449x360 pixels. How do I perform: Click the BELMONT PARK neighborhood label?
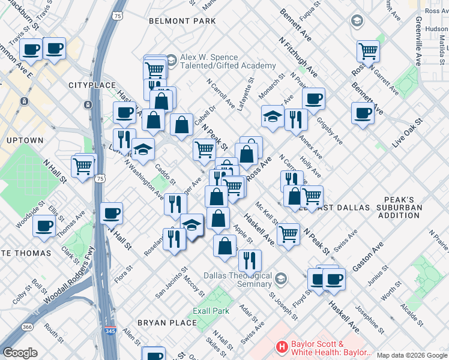pos(182,21)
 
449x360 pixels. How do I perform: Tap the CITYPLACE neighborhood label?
pos(91,85)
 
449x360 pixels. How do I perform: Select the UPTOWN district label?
pos(25,140)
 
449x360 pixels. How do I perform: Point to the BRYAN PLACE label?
pos(167,323)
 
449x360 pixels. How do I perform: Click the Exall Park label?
pos(211,311)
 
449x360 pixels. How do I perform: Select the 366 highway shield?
pos(28,327)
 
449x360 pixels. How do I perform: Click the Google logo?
pos(20,352)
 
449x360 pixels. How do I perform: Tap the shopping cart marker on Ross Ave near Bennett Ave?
pos(368,51)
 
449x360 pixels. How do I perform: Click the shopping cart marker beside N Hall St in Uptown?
pos(83,165)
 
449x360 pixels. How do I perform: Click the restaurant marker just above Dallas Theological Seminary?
pos(249,260)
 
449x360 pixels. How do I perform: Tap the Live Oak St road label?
pos(408,133)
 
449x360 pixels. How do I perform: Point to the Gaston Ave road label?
pos(368,257)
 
